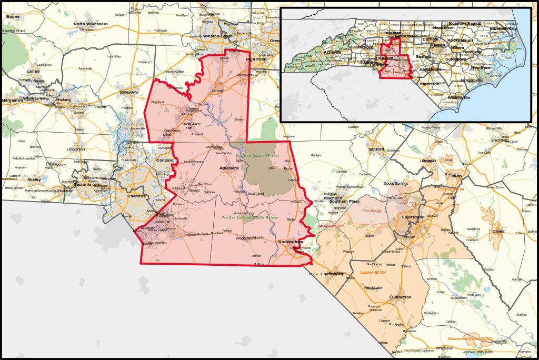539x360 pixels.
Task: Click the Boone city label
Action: (x=13, y=17)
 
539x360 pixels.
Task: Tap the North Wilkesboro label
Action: (x=91, y=24)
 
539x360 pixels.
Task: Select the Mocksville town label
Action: (x=175, y=72)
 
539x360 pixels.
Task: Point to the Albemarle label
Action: (x=229, y=168)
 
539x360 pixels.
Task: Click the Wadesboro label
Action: (x=245, y=238)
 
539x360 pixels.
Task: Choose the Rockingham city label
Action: (x=291, y=242)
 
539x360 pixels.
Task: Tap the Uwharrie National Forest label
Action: (x=257, y=156)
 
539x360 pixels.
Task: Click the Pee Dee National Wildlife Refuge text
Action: (x=249, y=217)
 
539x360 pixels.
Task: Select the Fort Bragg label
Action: (x=372, y=211)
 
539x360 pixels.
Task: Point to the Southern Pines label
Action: (x=345, y=202)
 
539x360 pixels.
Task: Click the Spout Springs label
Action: (x=396, y=183)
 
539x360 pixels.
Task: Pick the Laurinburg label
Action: (x=332, y=274)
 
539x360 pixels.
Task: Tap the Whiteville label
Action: (x=444, y=348)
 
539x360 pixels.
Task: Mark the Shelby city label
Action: (x=34, y=179)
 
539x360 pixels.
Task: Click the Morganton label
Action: (x=12, y=100)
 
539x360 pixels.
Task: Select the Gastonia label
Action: (x=82, y=185)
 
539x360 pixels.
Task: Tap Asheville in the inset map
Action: (x=333, y=53)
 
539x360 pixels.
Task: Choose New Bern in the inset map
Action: (x=481, y=67)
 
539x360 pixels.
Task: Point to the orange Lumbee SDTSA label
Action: (x=373, y=272)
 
